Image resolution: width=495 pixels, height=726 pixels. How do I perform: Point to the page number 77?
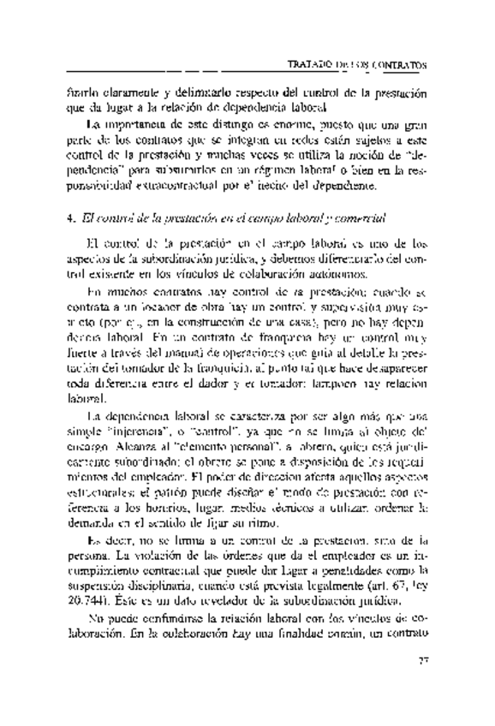pos(422,660)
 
